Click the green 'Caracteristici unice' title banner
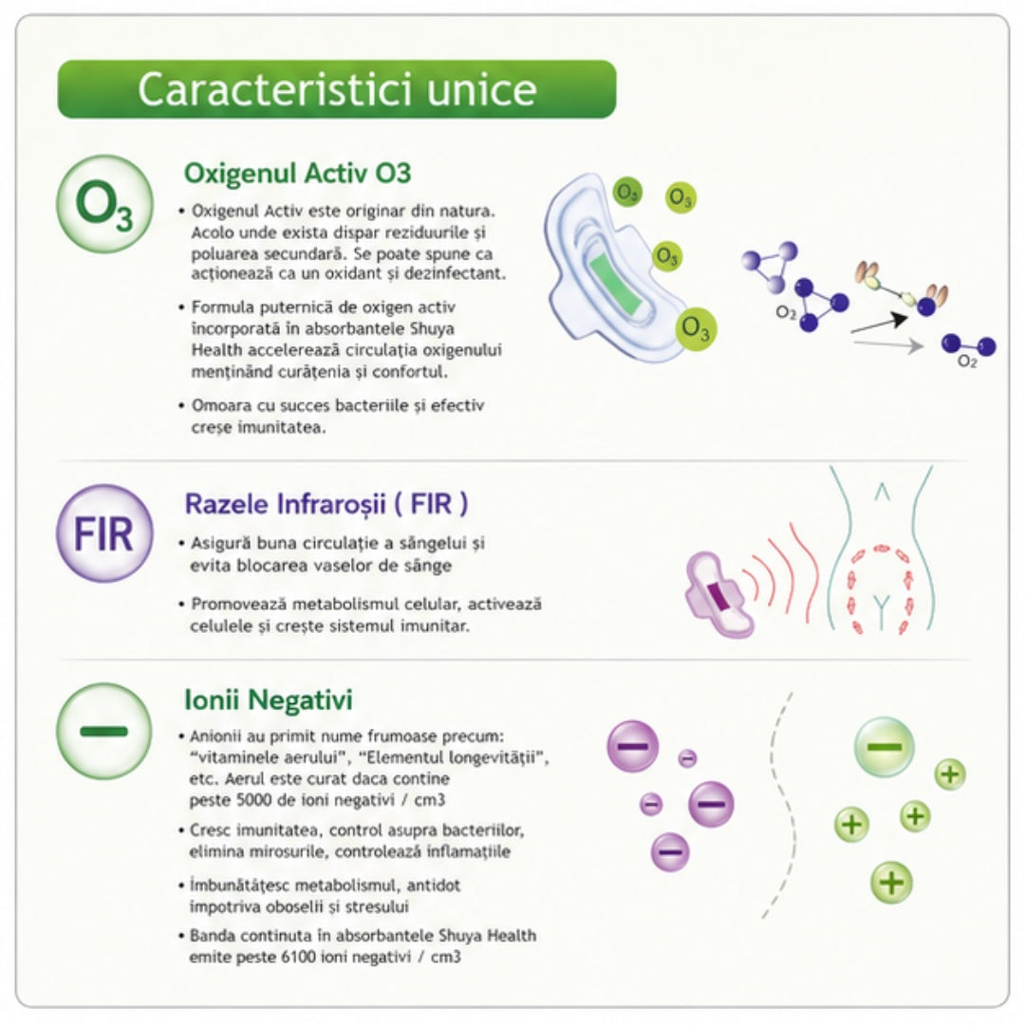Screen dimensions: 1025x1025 point(337,89)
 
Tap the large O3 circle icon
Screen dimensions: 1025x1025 point(104,204)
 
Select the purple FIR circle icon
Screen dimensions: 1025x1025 point(104,533)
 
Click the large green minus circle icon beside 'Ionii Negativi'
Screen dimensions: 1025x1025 point(104,731)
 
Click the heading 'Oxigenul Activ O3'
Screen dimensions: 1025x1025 point(297,174)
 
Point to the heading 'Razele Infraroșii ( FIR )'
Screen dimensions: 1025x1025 point(326,504)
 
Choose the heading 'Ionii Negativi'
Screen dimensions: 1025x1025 point(268,699)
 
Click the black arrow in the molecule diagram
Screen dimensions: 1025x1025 point(879,324)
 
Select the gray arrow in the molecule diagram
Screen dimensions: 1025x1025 point(888,345)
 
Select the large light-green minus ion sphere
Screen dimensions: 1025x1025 point(884,747)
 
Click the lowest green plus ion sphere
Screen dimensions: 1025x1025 point(891,883)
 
